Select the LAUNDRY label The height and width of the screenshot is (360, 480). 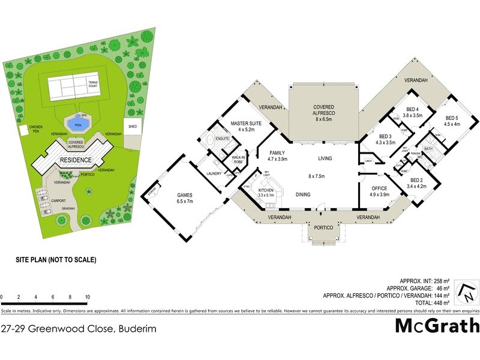pos(214,174)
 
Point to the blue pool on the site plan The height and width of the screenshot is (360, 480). pos(76,124)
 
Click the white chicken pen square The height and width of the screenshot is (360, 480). pos(23,130)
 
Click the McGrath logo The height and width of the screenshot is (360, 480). pos(437,326)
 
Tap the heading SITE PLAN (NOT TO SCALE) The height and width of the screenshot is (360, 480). pos(56,260)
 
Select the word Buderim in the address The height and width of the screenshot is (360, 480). pos(137,328)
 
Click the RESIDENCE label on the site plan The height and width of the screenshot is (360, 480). pos(75,160)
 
